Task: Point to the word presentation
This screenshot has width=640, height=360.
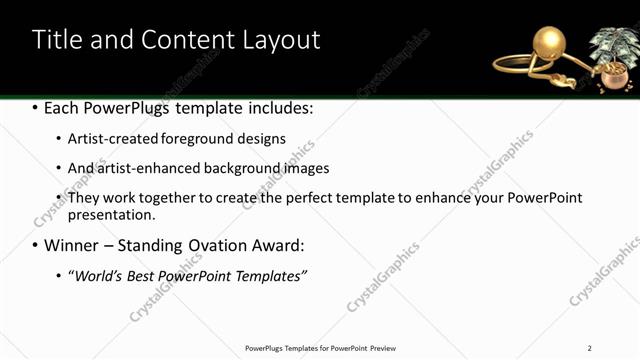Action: point(111,214)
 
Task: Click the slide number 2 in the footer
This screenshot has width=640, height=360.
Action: point(589,348)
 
